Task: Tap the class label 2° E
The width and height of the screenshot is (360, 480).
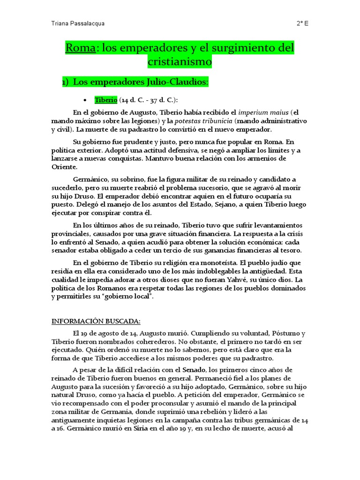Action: coord(302,23)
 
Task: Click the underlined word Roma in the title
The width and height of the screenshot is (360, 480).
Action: coord(80,48)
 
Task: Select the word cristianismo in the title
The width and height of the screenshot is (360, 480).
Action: coord(180,61)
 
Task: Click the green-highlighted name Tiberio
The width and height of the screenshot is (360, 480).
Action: coord(106,100)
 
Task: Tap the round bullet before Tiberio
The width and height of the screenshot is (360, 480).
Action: coord(85,100)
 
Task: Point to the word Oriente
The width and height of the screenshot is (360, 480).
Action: coord(65,166)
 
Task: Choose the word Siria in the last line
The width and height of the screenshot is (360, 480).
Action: coord(141,429)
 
